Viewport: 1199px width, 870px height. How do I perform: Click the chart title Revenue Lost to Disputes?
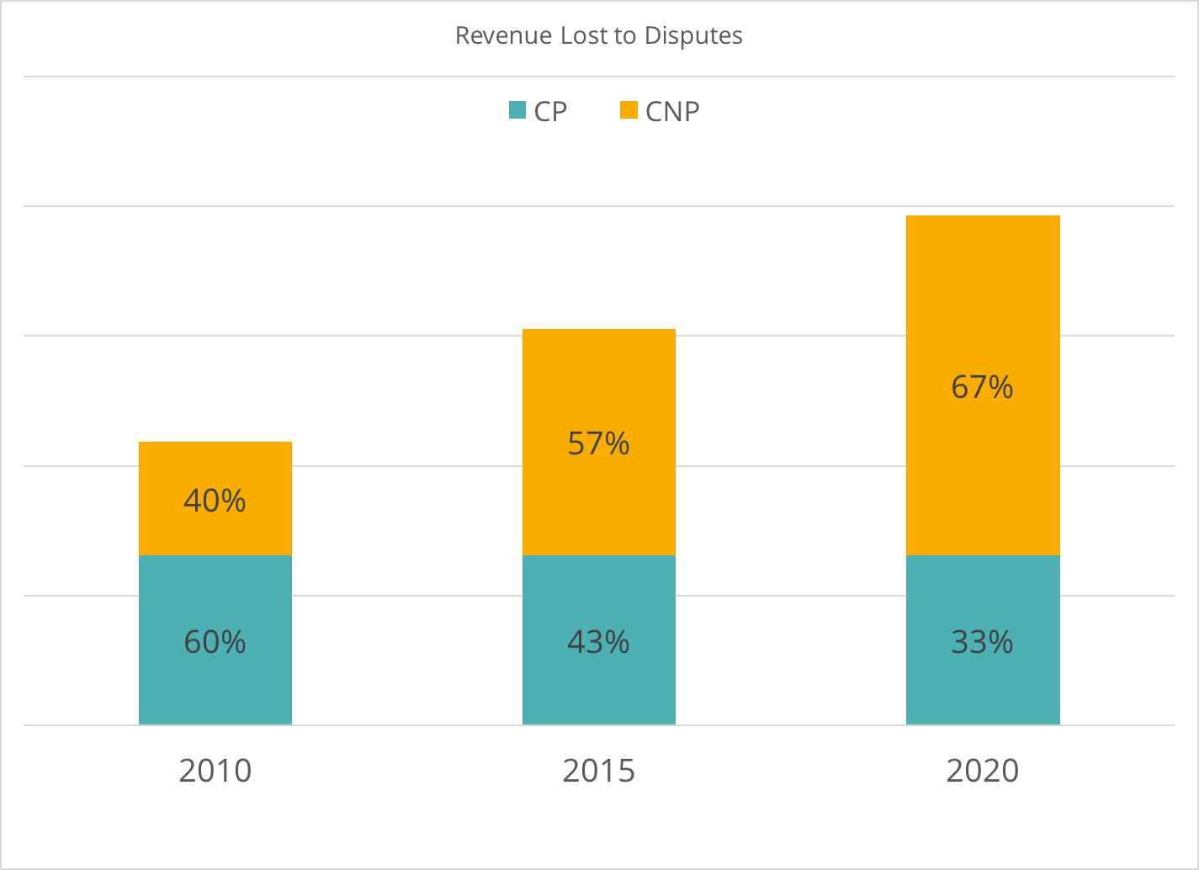598,36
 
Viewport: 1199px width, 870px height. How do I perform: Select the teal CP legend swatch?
517,110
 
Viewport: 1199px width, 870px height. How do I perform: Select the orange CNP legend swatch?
629,110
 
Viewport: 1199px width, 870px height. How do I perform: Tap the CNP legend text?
672,112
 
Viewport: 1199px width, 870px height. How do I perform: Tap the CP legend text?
550,112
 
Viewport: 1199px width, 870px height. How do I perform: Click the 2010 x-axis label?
215,771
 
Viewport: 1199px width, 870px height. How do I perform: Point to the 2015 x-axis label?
598,771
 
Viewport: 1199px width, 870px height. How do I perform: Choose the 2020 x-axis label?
982,771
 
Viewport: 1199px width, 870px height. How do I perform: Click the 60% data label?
215,643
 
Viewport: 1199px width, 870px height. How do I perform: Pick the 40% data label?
215,501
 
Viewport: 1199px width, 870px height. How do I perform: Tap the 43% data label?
598,643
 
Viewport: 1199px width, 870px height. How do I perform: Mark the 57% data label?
598,443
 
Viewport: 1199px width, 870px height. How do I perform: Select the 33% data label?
982,643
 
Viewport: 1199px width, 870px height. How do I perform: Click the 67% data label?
982,387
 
